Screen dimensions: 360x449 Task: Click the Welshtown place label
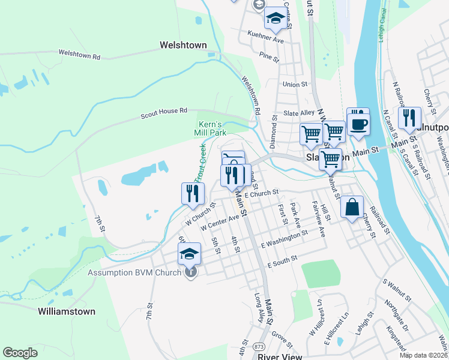183,45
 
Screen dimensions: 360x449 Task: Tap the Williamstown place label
66,311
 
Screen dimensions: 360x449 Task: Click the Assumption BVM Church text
134,273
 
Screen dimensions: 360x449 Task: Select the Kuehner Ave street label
261,37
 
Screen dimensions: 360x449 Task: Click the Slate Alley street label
299,113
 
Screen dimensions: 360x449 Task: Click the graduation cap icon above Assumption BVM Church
189,253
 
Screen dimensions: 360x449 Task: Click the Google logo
20,353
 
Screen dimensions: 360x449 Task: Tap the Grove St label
281,338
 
